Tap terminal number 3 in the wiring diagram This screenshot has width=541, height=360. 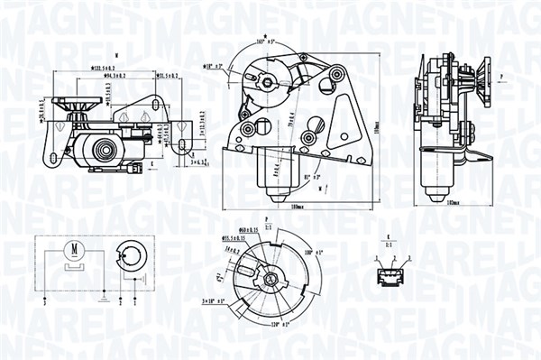[42, 305]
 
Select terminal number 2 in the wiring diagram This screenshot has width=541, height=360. [119, 305]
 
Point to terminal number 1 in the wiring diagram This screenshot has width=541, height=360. [133, 305]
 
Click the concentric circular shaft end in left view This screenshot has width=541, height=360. [109, 148]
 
